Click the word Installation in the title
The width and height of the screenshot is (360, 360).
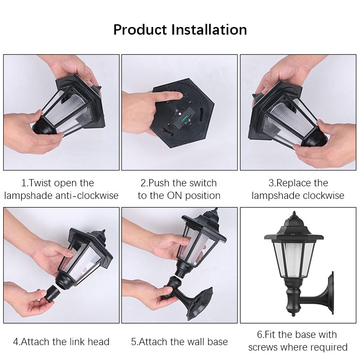click(x=210, y=30)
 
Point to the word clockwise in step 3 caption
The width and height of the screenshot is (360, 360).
click(x=323, y=196)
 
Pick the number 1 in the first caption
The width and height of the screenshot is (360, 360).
click(x=24, y=183)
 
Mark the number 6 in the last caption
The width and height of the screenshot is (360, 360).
click(x=260, y=335)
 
